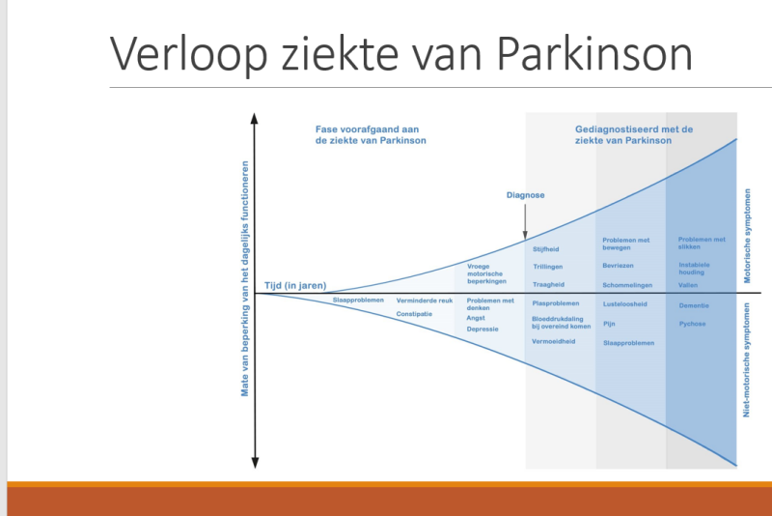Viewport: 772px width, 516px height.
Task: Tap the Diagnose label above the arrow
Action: pos(525,195)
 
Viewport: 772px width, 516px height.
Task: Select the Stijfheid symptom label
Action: pos(546,249)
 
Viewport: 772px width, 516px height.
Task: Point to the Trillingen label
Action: pos(548,267)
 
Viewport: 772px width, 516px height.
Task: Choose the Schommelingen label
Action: pos(628,285)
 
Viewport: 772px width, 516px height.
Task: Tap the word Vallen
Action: pos(689,285)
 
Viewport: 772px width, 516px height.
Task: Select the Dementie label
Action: pos(694,305)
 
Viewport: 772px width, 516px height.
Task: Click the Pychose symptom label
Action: pos(692,324)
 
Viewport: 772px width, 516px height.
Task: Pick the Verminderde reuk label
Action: pos(425,301)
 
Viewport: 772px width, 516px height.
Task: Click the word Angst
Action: pos(476,318)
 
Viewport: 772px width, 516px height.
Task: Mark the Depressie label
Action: pos(482,330)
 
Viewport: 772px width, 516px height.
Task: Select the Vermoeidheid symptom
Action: pos(554,341)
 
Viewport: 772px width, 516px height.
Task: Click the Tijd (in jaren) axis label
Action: pos(295,286)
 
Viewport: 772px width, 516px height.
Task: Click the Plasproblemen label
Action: pos(556,303)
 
